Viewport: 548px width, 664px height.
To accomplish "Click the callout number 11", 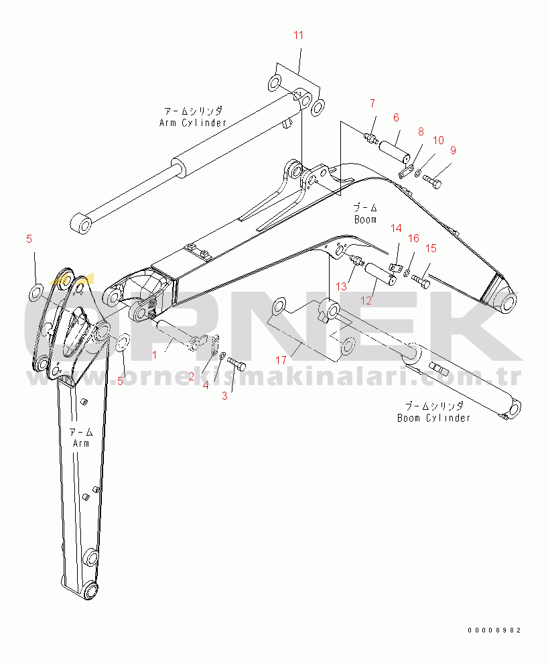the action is point(299,35).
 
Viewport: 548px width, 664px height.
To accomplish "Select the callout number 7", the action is point(372,103).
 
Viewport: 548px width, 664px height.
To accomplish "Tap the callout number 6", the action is point(396,117).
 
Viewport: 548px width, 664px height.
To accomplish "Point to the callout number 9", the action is point(454,150).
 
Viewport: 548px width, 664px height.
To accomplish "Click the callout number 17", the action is point(281,360).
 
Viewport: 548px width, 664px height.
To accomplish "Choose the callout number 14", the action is point(396,229).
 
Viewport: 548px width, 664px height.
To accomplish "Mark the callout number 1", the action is point(154,355).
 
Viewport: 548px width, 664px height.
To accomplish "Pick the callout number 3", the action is point(224,396).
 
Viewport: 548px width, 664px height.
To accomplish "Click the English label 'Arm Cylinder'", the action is point(193,123).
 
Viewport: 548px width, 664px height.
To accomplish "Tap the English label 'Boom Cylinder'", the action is point(434,418).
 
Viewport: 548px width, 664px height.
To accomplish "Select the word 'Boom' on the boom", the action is point(365,219).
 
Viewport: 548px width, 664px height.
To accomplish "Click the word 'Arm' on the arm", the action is point(81,443).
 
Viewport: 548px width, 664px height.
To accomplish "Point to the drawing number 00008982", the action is point(494,630).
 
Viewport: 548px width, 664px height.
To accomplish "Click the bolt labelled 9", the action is point(432,181).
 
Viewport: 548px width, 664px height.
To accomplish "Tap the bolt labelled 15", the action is point(420,280).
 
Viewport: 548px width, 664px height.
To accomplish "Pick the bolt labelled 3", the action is point(236,364).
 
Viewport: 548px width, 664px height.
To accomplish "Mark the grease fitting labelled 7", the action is point(371,137).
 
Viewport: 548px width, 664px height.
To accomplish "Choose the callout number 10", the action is point(439,140).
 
